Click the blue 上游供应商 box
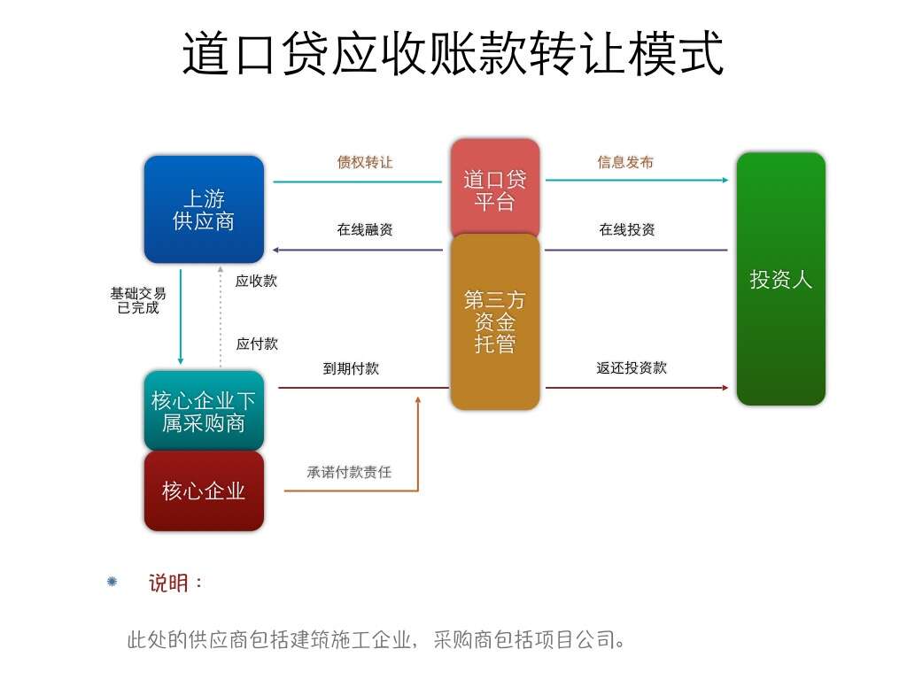coord(204,210)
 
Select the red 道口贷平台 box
coord(494,188)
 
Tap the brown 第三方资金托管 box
coord(494,322)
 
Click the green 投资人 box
coord(780,279)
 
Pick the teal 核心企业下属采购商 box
coord(204,412)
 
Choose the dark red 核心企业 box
coord(204,491)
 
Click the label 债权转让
coord(365,162)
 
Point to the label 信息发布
coord(625,162)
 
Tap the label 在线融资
coord(365,229)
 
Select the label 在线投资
coord(627,229)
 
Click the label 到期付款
coord(351,368)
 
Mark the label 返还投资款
coord(632,367)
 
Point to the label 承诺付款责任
coord(349,472)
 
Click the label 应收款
coord(256,281)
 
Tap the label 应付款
coord(257,344)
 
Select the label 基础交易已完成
coord(138,300)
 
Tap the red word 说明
coord(169,583)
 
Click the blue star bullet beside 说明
coord(112,582)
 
